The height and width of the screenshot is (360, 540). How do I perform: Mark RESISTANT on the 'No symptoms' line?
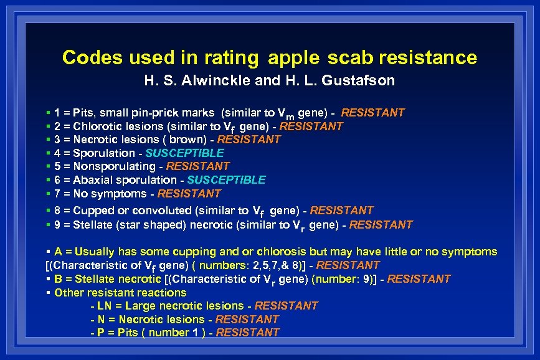point(189,194)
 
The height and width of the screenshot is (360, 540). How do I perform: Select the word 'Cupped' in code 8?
point(90,211)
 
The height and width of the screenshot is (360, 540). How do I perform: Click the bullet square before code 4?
point(49,153)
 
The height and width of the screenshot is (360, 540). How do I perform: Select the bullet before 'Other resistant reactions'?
point(49,292)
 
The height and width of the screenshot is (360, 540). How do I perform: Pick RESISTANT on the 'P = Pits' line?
point(248,333)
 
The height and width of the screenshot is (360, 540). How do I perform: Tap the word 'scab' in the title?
point(345,59)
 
